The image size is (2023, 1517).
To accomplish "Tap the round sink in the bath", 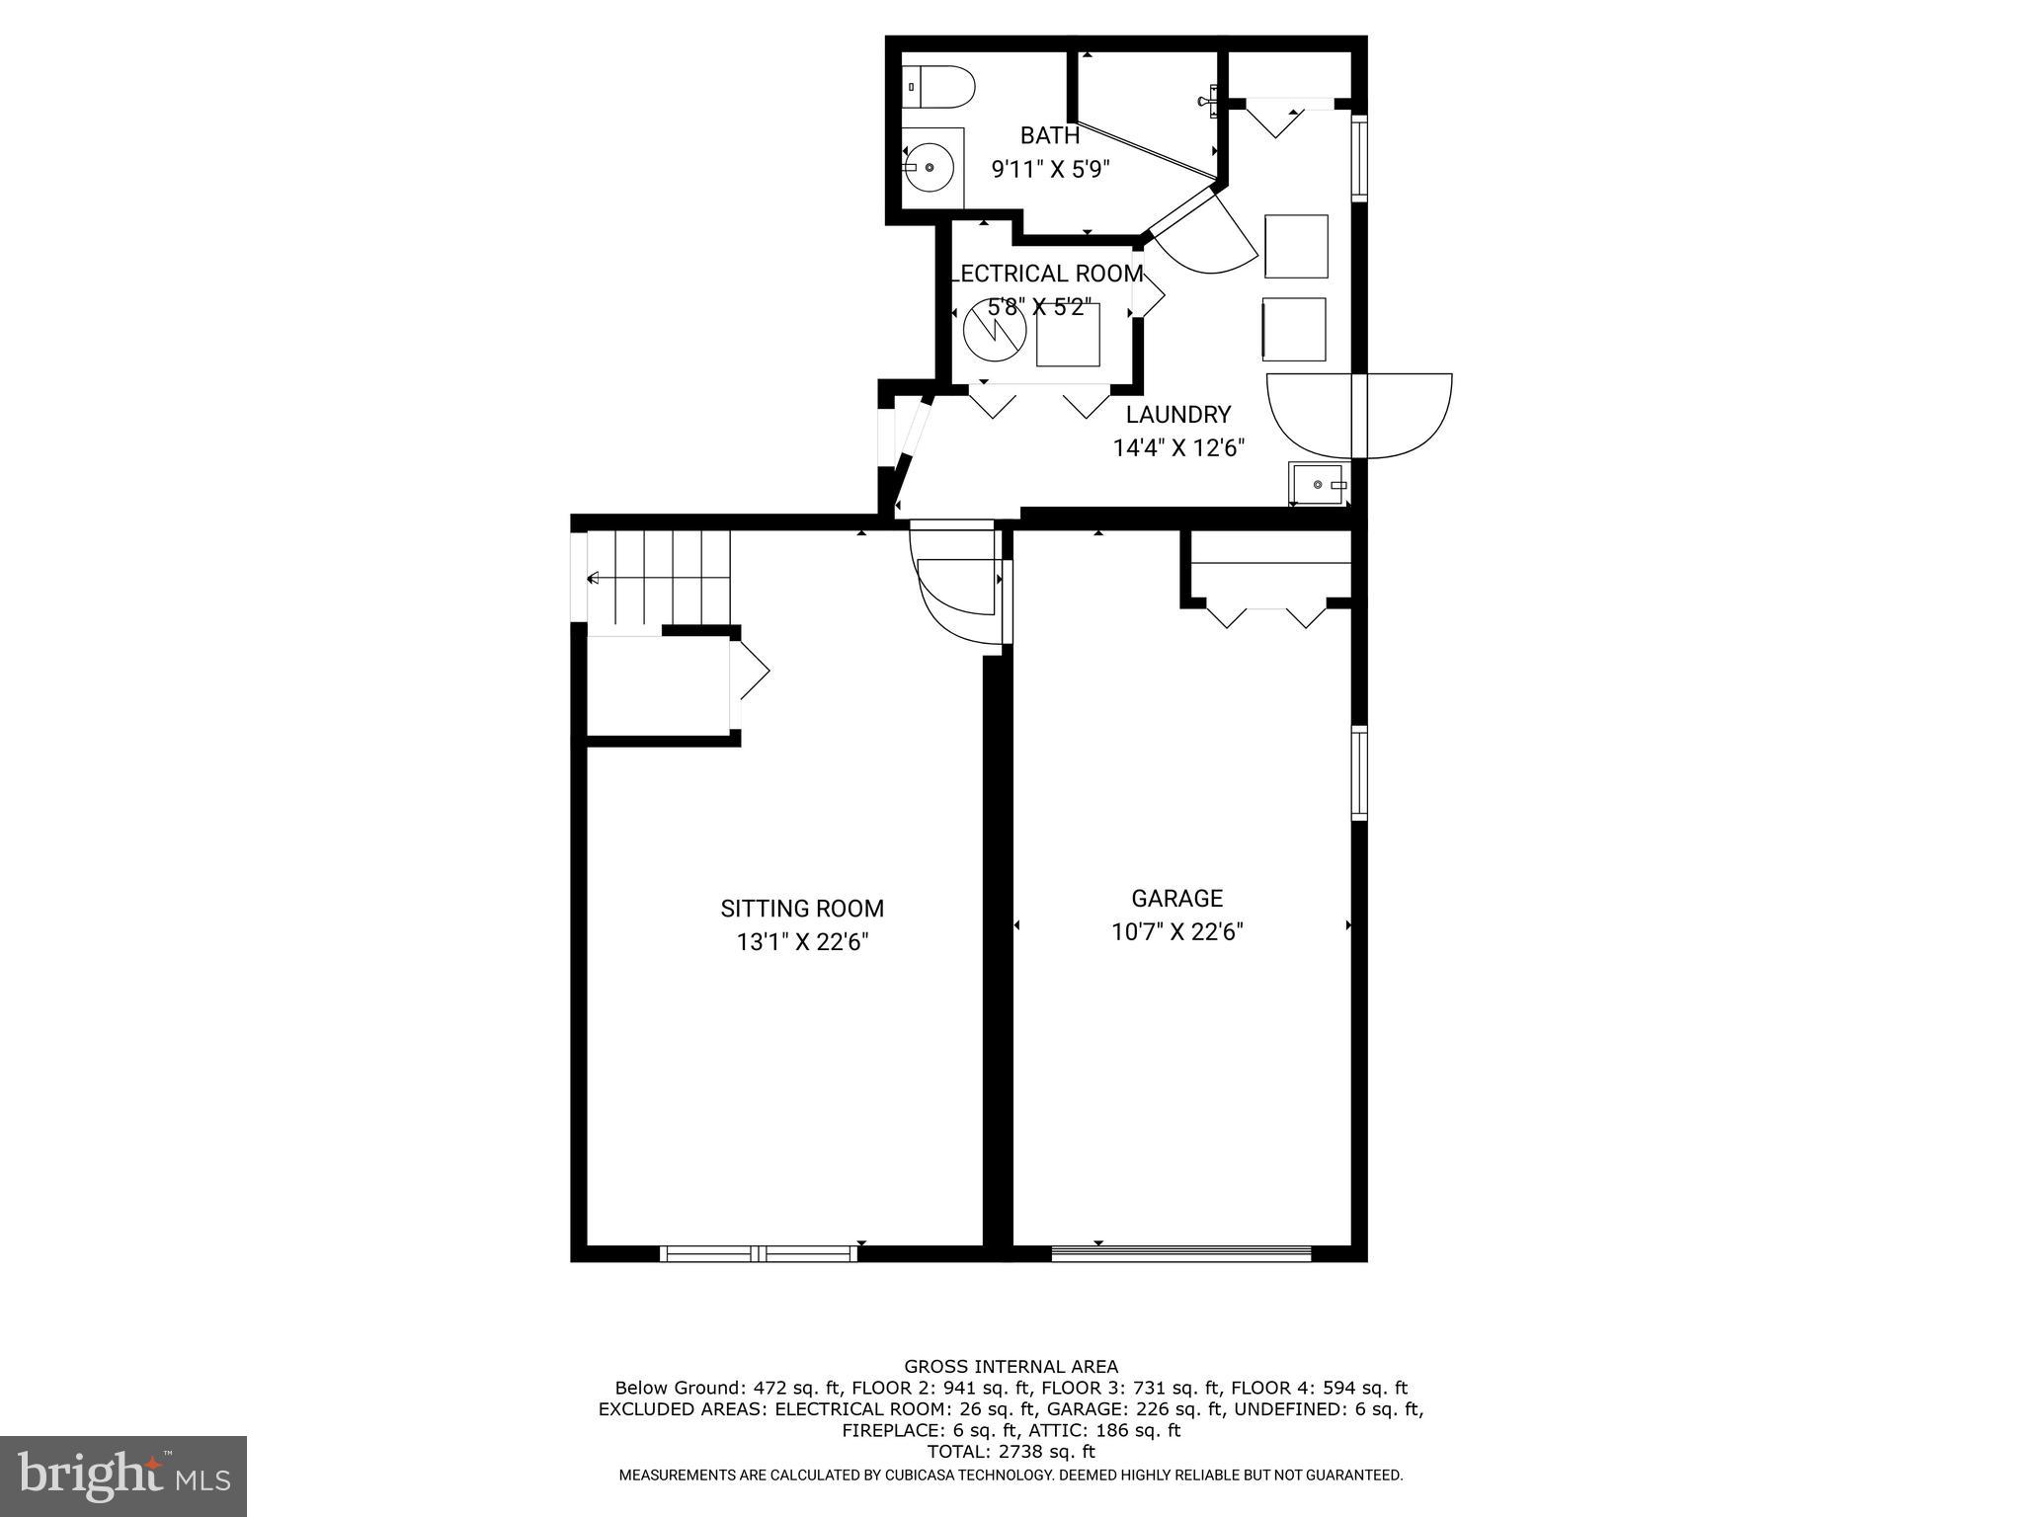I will tap(931, 168).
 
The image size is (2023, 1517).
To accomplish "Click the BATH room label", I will tap(1049, 135).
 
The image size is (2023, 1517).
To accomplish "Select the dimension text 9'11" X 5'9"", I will tap(1050, 169).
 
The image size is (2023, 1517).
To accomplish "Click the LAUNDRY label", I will tap(1177, 415).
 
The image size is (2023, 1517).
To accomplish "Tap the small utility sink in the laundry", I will tap(1320, 484).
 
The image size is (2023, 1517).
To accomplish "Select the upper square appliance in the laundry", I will tap(1296, 246).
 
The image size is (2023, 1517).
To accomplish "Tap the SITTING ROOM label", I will tap(801, 909).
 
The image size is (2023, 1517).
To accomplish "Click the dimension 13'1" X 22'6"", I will tap(801, 942).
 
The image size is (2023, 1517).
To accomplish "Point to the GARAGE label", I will tap(1176, 899).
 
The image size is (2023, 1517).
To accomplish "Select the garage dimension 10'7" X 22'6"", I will tap(1176, 932).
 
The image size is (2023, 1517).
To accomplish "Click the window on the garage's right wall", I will tap(1359, 773).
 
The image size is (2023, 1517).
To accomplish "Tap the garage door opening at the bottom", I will tap(1180, 1253).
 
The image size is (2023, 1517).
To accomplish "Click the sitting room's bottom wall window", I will tap(759, 1253).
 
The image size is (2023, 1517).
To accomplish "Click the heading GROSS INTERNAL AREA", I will tap(1011, 1367).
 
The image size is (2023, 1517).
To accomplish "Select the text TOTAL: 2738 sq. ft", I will tap(1011, 1452).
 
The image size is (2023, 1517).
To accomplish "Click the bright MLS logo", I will tap(123, 1476).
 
